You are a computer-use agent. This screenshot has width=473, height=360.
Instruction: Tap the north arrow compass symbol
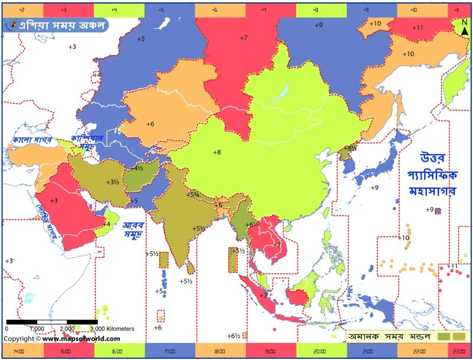pyautogui.click(x=464, y=28)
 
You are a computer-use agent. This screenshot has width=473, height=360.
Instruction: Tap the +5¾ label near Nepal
pyautogui.click(x=193, y=195)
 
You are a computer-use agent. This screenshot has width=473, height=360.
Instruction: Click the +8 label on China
pyautogui.click(x=216, y=152)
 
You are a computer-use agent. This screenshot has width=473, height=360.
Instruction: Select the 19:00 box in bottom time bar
pyautogui.click(x=270, y=351)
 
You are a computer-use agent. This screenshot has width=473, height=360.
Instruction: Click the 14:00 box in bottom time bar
pyautogui.click(x=18, y=351)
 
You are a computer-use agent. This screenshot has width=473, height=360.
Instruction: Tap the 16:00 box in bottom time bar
pyautogui.click(x=119, y=351)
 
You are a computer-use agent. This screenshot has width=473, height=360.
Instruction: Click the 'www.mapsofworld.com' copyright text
pyautogui.click(x=81, y=339)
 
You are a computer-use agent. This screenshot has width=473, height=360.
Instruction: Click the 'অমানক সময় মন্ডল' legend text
pyautogui.click(x=389, y=336)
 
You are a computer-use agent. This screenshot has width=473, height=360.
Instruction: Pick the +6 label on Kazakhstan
pyautogui.click(x=150, y=124)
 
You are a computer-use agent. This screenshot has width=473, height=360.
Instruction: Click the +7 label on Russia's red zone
pyautogui.click(x=243, y=37)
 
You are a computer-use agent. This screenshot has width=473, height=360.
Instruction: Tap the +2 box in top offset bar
pyautogui.click(x=22, y=10)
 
